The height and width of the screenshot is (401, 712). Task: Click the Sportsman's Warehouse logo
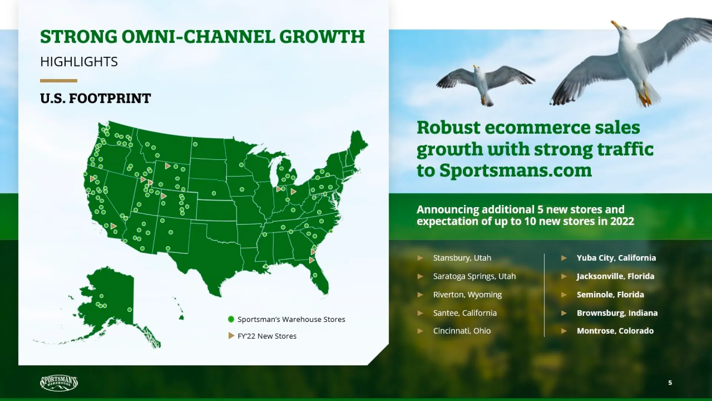point(59,383)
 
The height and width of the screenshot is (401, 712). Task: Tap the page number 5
point(670,383)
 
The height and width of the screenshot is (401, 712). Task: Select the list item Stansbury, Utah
point(462,258)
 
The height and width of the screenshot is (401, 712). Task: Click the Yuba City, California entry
point(616,258)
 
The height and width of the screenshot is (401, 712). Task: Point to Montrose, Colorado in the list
point(615,331)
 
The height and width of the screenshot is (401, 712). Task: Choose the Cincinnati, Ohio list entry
point(462,331)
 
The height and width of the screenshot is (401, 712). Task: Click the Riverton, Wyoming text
point(467,295)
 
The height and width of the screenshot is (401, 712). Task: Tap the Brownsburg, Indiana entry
point(617,313)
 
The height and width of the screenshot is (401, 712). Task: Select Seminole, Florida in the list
point(610,295)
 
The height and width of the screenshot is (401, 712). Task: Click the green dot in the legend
point(231,319)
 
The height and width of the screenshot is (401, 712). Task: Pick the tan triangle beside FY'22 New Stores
point(231,336)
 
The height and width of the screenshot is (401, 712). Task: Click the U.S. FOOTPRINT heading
point(95,98)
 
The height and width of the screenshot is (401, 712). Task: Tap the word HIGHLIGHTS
point(79,62)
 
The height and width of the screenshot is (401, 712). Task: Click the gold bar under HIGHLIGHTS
point(59,81)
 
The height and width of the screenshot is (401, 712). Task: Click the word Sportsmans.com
point(515,170)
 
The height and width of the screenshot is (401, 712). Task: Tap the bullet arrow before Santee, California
point(420,313)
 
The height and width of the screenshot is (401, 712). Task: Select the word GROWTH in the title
point(322,37)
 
